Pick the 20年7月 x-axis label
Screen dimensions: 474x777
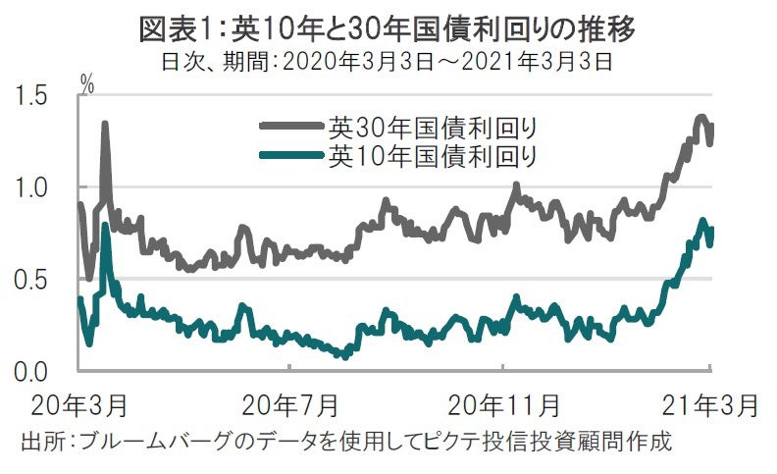point(289,404)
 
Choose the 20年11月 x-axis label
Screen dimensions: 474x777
point(502,404)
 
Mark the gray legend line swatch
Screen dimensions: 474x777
point(291,127)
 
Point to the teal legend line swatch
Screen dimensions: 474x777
point(291,155)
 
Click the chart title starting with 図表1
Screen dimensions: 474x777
point(388,29)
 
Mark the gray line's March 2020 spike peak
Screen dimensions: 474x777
point(104,125)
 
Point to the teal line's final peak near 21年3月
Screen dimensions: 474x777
point(702,222)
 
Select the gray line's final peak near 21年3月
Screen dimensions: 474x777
point(700,119)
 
